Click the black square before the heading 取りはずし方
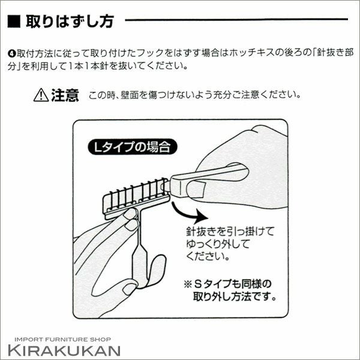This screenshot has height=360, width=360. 14,22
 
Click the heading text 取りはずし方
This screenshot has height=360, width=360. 70,22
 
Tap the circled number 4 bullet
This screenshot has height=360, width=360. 12,54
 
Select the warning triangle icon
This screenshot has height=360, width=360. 41,95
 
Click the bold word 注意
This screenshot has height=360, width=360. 65,95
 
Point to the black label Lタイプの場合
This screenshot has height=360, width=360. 133,147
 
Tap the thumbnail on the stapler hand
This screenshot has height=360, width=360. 196,189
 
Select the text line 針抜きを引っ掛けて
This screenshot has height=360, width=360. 230,231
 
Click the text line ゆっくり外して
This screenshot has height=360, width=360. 218,244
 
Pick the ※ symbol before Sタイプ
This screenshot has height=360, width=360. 188,284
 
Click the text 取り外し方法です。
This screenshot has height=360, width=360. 235,296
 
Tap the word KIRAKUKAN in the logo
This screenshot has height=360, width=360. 64,350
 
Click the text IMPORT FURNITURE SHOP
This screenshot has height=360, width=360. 62,340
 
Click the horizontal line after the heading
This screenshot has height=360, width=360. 236,20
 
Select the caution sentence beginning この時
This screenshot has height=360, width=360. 194,95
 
